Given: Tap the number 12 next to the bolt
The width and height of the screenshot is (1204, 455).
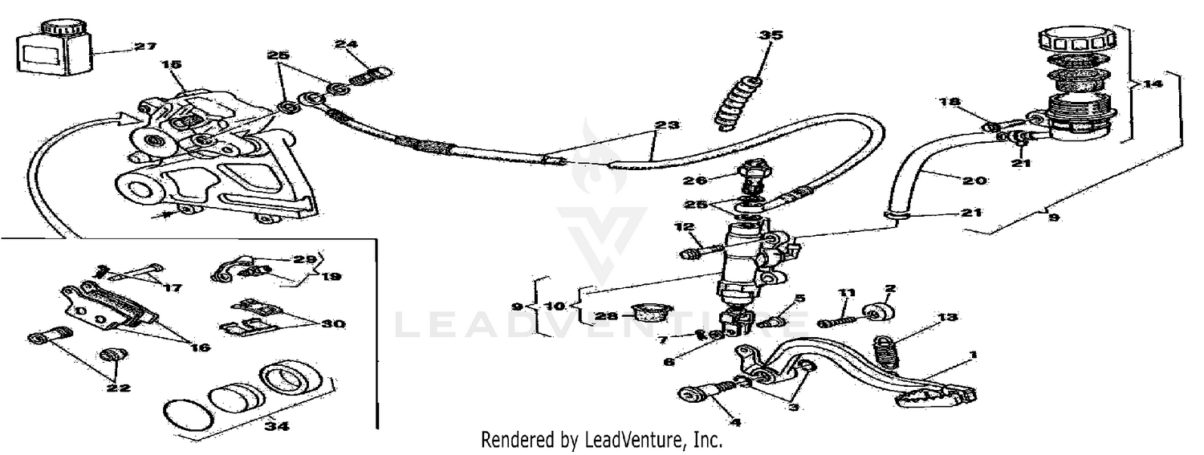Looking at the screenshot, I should point(683,228).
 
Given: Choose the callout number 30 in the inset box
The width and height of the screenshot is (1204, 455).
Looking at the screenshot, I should point(334,324).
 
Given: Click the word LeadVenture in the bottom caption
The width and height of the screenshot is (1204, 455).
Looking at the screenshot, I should point(642,440).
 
